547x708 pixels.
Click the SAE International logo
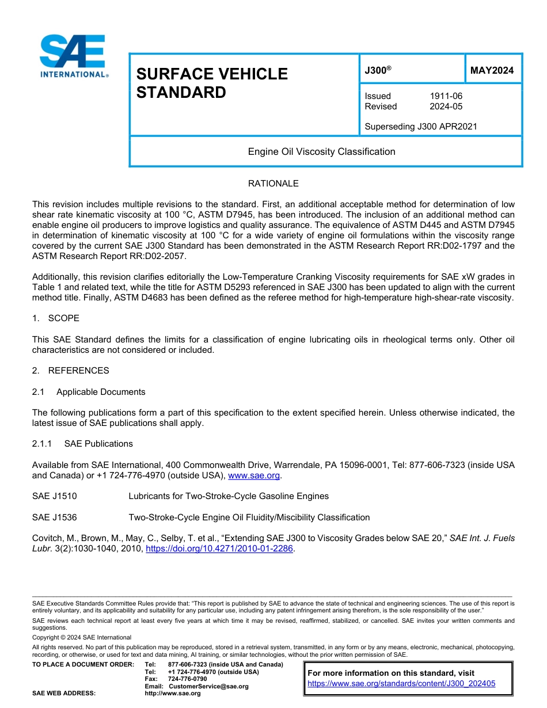[x=73, y=56]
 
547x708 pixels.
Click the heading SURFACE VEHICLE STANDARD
[x=211, y=83]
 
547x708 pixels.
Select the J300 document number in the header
[x=378, y=70]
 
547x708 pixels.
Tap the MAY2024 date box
[x=492, y=71]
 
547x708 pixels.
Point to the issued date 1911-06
[x=446, y=96]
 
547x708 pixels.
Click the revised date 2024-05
[x=446, y=106]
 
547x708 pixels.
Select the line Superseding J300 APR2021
[x=421, y=127]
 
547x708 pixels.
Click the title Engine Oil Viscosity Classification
[x=321, y=152]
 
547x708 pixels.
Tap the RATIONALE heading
[x=273, y=184]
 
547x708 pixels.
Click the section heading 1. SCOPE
[x=56, y=318]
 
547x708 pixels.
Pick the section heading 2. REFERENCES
[x=70, y=371]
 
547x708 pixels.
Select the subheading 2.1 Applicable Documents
[x=89, y=392]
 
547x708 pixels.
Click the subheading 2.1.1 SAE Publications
[x=82, y=444]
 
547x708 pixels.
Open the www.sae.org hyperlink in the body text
[x=254, y=475]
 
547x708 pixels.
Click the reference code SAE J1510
[x=55, y=496]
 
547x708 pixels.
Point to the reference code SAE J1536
[x=55, y=517]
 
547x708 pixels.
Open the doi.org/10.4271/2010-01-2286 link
[x=219, y=549]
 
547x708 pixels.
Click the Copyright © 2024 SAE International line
[x=82, y=637]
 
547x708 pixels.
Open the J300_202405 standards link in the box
[x=401, y=684]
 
